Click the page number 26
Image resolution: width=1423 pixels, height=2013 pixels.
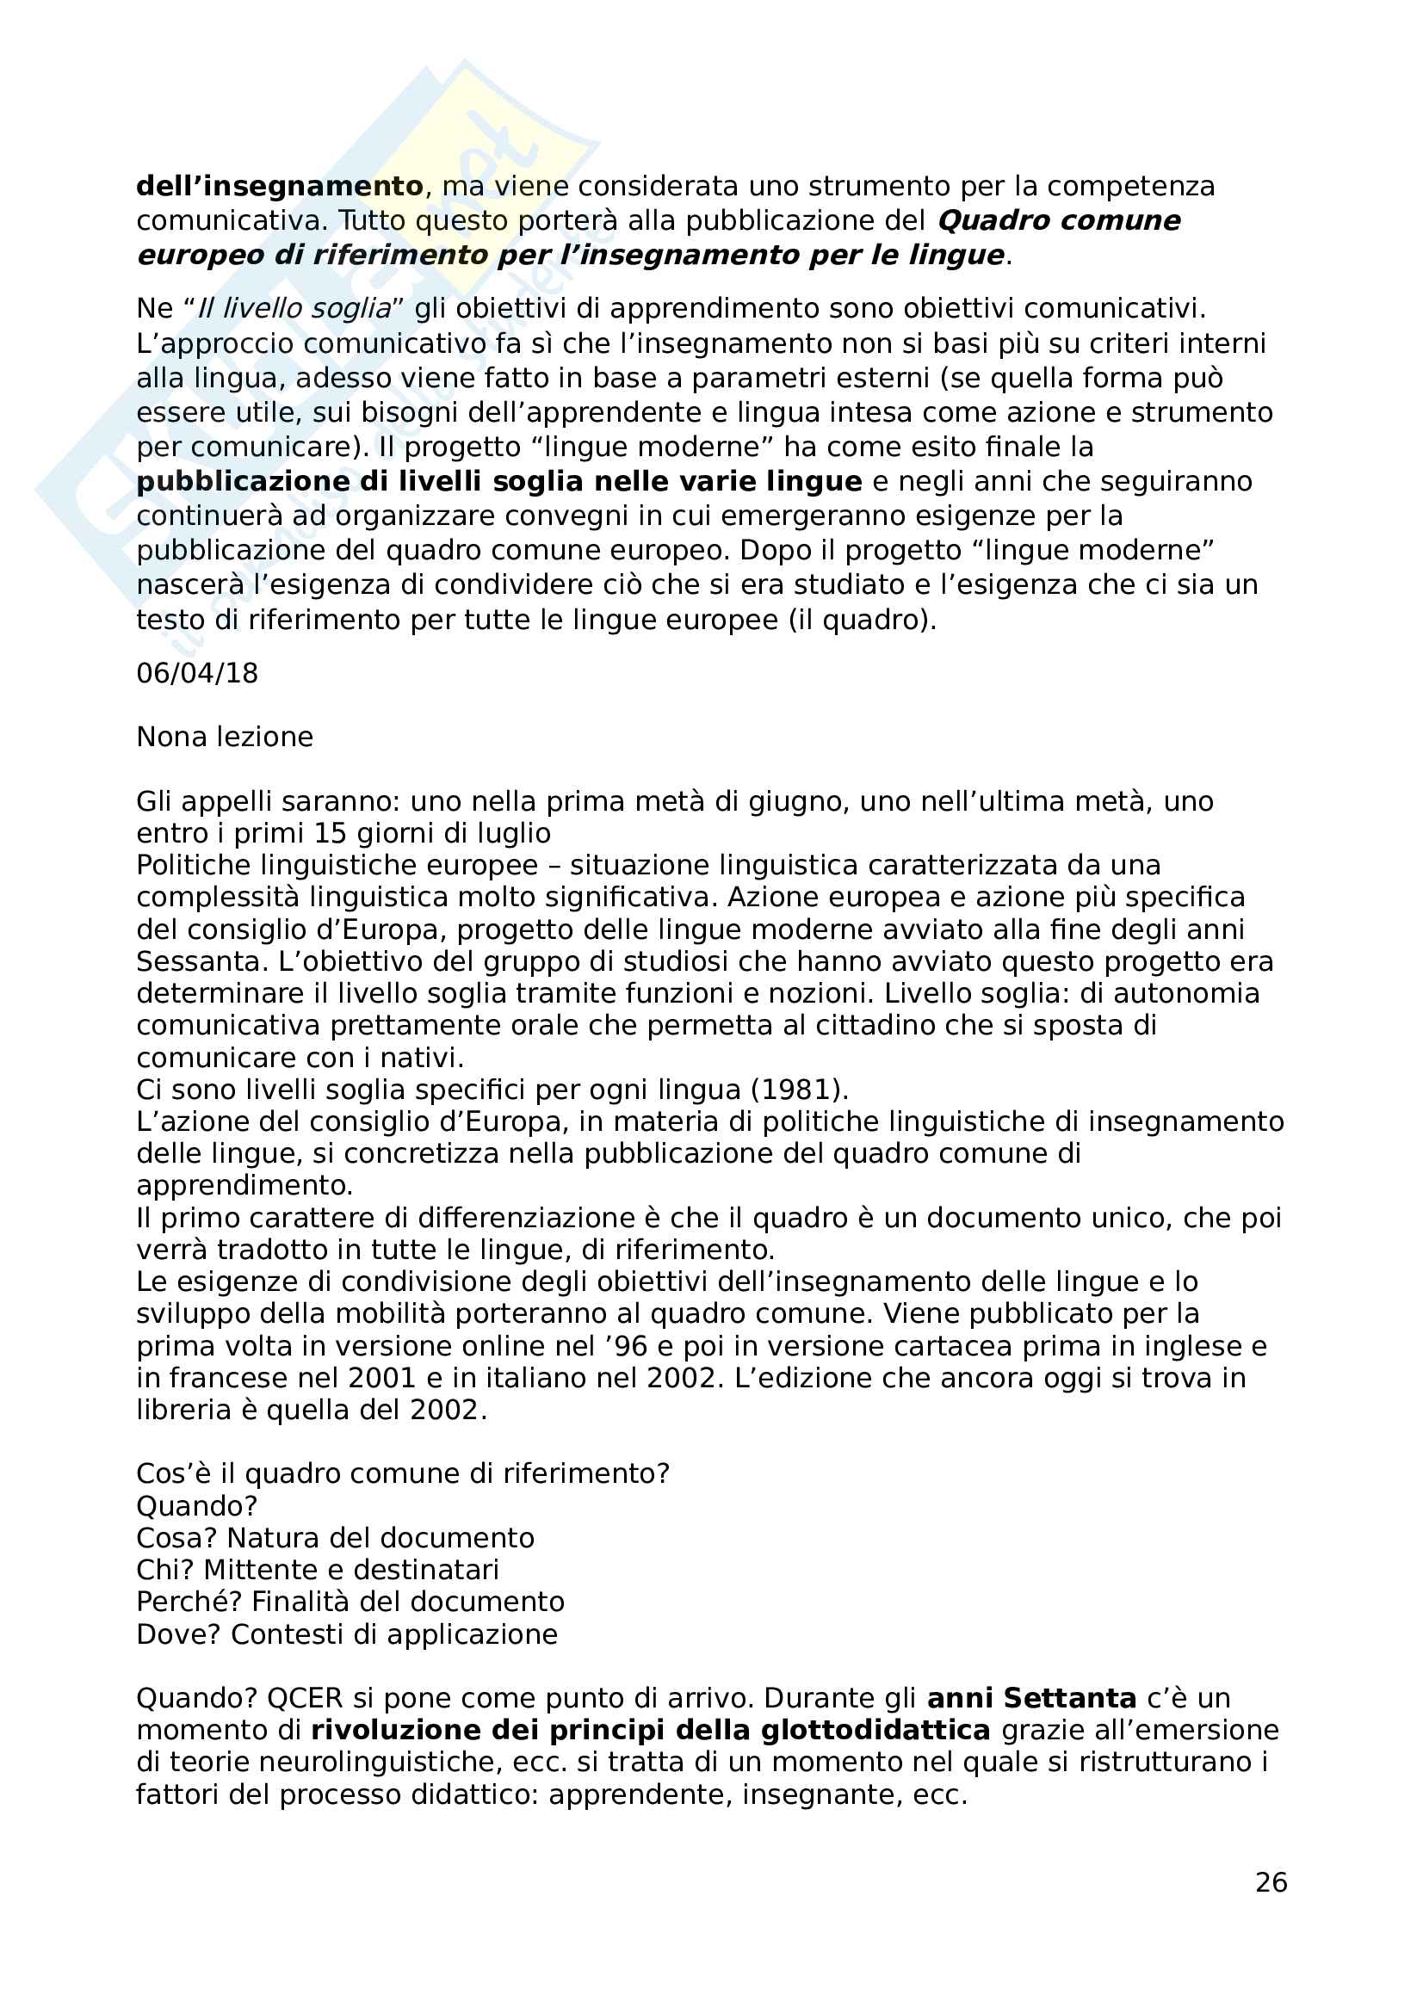click(x=1271, y=1882)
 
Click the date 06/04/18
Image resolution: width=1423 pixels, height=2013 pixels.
click(x=197, y=673)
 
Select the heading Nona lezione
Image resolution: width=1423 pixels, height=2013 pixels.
click(x=225, y=737)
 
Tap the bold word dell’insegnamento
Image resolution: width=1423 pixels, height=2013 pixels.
click(x=280, y=186)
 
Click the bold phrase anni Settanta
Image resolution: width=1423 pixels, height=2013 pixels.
click(x=1031, y=1698)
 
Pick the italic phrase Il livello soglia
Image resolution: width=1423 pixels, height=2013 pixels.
click(x=294, y=309)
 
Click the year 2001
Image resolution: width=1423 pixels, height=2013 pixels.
click(x=383, y=1378)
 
